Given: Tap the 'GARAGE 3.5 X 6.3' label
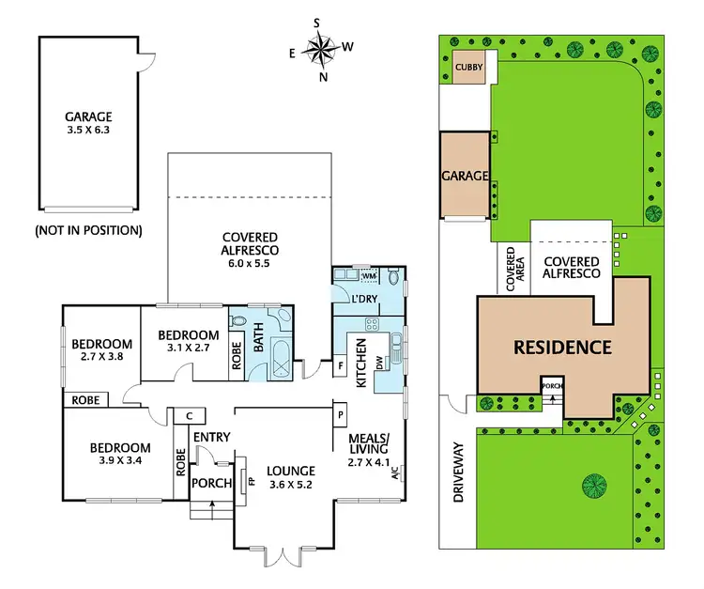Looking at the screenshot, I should (x=87, y=125).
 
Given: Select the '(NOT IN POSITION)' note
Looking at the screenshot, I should (x=88, y=229).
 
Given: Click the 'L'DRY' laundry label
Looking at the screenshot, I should (x=363, y=298).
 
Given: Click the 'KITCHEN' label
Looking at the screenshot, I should (x=360, y=371).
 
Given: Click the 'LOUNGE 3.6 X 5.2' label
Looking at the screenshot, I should (x=289, y=477).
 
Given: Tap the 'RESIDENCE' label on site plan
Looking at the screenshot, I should (x=561, y=347).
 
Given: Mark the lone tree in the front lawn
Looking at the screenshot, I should (x=593, y=486).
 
